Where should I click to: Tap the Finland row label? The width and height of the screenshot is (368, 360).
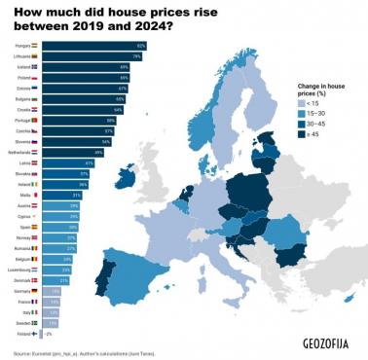coord(22,333)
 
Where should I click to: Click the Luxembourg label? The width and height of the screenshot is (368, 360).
coord(18,269)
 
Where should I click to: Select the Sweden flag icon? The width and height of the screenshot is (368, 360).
coord(36,322)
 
